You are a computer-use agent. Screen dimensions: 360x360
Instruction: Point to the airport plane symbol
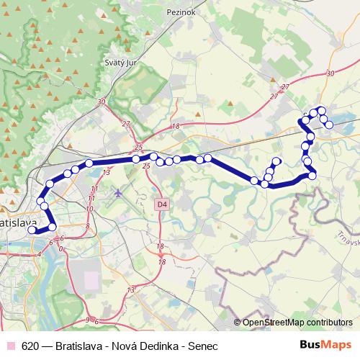[x=118, y=192]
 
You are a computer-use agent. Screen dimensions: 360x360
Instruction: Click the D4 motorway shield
[x=161, y=204]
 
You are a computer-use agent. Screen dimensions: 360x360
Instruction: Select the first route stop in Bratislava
[x=31, y=230]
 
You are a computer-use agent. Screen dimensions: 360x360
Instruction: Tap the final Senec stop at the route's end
[x=329, y=125]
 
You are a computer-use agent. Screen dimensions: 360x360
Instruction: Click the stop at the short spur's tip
[x=276, y=161]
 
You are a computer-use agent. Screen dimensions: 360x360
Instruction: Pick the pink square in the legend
[x=11, y=345]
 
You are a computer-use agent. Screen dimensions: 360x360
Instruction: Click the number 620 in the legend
[x=30, y=345]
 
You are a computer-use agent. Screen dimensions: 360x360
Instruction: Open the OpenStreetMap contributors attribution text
[x=297, y=323]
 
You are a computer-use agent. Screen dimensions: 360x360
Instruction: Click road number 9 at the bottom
[x=87, y=319]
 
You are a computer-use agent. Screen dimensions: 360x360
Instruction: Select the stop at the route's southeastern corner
[x=312, y=175]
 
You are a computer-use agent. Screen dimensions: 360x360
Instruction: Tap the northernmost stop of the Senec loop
[x=321, y=110]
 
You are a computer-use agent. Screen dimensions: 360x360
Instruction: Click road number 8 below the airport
[x=87, y=226]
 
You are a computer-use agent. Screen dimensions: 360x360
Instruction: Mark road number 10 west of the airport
[x=89, y=209]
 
